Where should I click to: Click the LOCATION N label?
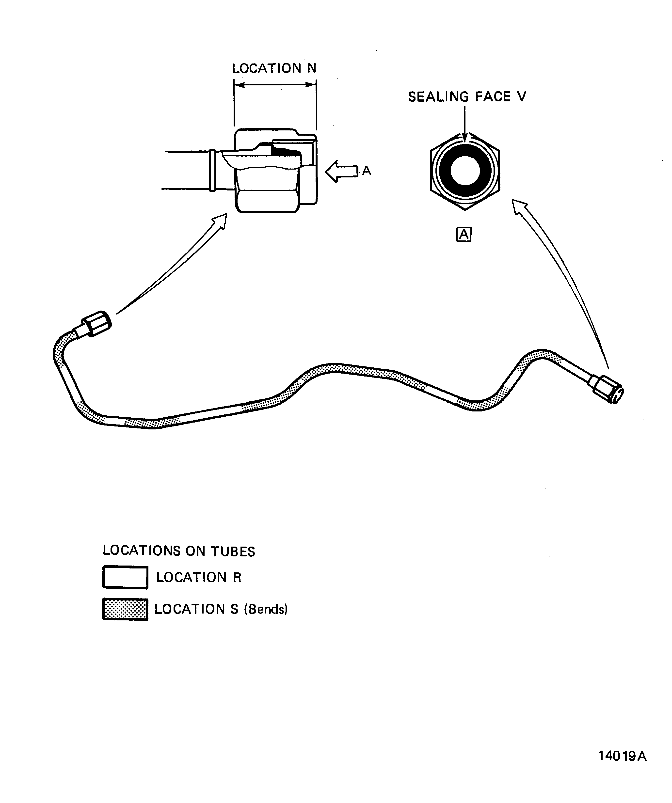(x=274, y=68)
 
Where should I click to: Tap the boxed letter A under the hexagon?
(x=464, y=234)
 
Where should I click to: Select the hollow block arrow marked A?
(x=340, y=171)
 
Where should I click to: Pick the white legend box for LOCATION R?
(x=125, y=577)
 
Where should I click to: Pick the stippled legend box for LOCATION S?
(x=125, y=609)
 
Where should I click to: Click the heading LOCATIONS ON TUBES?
(x=179, y=551)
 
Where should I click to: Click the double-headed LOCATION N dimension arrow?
(x=275, y=85)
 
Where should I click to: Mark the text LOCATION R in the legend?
(x=198, y=577)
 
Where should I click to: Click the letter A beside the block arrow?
(x=367, y=171)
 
